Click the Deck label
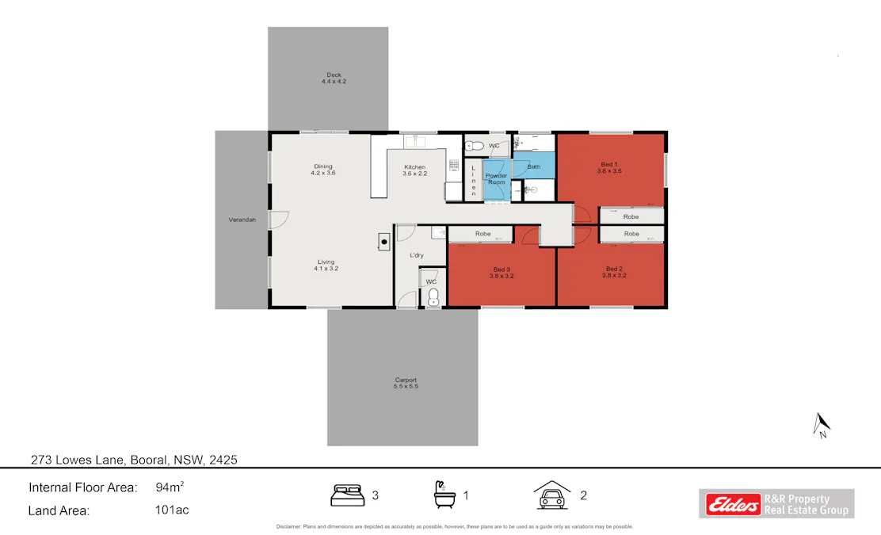coord(334,75)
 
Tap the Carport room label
coord(406,380)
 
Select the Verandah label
coord(242,220)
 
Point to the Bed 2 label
coord(614,269)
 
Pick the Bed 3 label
coord(502,269)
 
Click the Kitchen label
coord(414,166)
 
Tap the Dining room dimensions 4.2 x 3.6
coord(323,173)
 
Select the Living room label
coord(326,262)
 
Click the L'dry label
coord(417,255)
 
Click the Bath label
coord(534,166)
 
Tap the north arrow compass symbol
coord(822,426)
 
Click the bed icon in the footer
coord(346,495)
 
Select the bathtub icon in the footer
coord(444,495)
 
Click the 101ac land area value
coord(172,510)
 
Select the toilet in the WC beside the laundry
coord(433,297)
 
